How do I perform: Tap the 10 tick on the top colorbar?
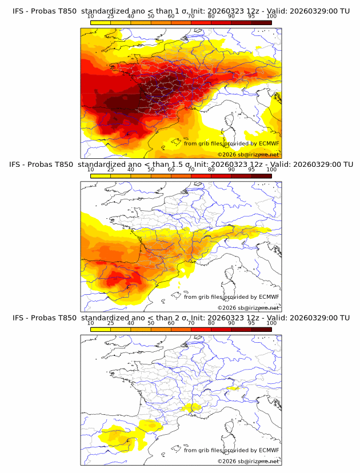[x=90, y=17]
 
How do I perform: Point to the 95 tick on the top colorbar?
[x=251, y=17]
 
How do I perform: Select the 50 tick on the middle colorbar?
[x=151, y=170]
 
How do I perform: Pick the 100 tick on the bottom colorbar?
[x=271, y=323]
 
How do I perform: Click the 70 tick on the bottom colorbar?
[x=191, y=323]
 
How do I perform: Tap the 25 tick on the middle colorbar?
[x=110, y=170]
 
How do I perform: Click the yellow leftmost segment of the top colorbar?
[x=100, y=22]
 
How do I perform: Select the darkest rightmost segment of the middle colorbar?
[x=261, y=176]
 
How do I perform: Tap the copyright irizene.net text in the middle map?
[x=248, y=308]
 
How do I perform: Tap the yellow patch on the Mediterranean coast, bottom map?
[x=191, y=407]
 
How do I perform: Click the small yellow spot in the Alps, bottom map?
[x=232, y=388]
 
